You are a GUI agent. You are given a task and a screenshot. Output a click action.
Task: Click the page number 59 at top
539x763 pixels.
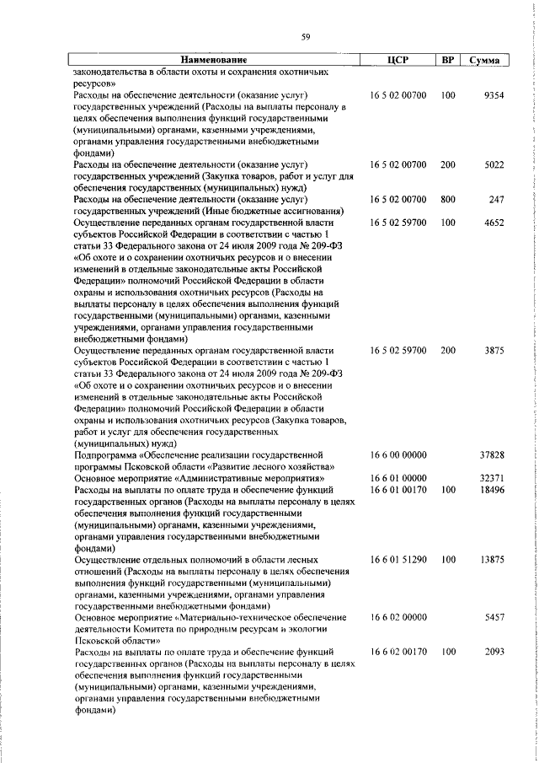pos(306,36)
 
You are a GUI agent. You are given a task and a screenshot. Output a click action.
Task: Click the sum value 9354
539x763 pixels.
pos(494,96)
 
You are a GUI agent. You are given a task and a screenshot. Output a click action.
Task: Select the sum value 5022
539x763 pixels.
pos(494,165)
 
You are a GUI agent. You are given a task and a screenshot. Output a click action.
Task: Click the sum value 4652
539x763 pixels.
pos(494,223)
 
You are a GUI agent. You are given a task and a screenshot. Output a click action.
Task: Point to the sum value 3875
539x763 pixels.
pos(494,349)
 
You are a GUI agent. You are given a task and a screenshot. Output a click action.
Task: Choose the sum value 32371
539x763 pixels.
pos(492,477)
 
